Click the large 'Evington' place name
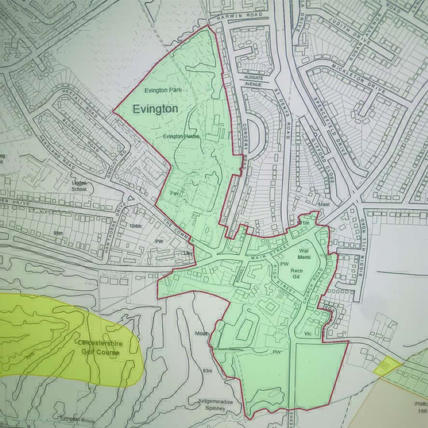(155, 109)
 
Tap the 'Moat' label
(201, 334)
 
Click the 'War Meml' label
(303, 254)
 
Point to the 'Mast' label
(324, 205)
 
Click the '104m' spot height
(136, 226)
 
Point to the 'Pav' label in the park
(174, 194)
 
